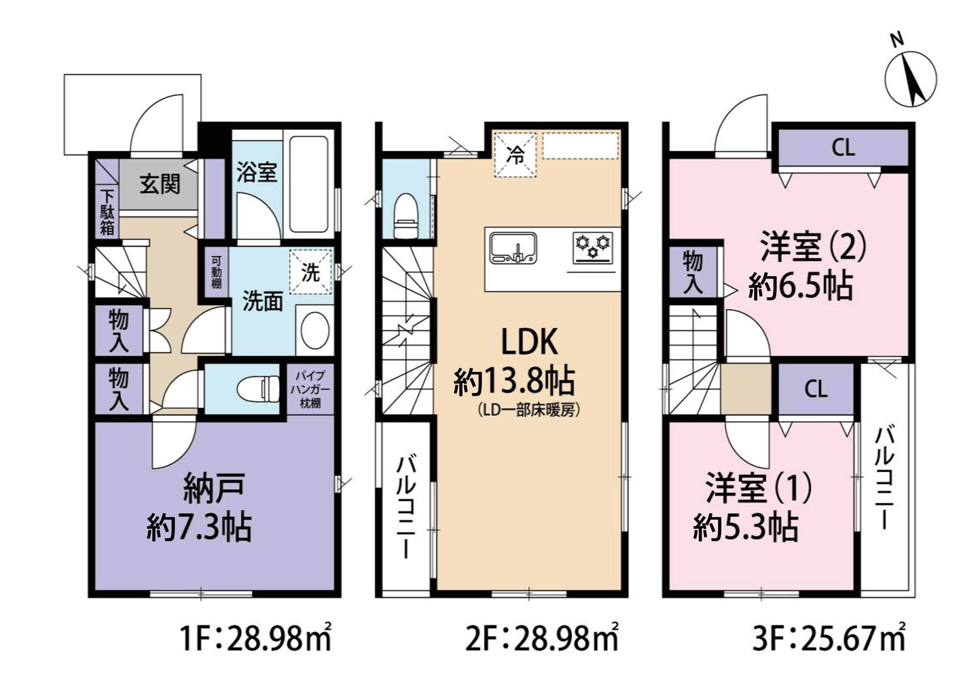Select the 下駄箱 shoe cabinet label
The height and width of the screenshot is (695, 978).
click(x=107, y=212)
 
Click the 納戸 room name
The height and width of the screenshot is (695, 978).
click(x=214, y=488)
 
